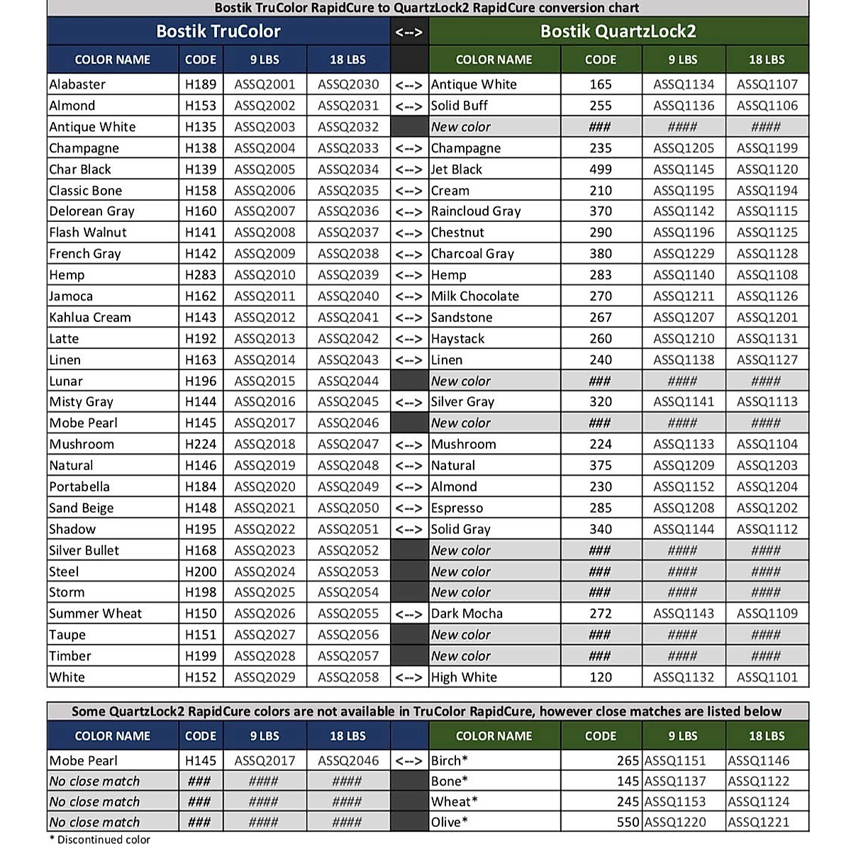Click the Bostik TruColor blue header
pyautogui.click(x=218, y=32)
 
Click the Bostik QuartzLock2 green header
pyautogui.click(x=618, y=32)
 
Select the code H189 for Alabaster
pyautogui.click(x=201, y=84)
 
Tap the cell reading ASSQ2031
pyautogui.click(x=348, y=106)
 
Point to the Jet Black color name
pyautogui.click(x=457, y=169)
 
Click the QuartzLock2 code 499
pyautogui.click(x=601, y=169)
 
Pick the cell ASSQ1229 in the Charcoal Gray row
pyautogui.click(x=684, y=254)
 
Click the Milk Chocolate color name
pyautogui.click(x=475, y=296)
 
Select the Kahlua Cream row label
pyautogui.click(x=90, y=318)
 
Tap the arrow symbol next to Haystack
pyautogui.click(x=409, y=339)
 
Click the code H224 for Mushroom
pyautogui.click(x=201, y=445)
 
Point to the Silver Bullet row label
pyautogui.click(x=84, y=550)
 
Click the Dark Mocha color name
pyautogui.click(x=467, y=613)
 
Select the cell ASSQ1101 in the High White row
pyautogui.click(x=767, y=677)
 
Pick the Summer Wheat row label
pyautogui.click(x=96, y=613)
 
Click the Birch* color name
pyautogui.click(x=450, y=761)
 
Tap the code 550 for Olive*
pyautogui.click(x=628, y=823)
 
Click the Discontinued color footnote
pyautogui.click(x=100, y=840)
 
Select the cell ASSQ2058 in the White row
pyautogui.click(x=348, y=677)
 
